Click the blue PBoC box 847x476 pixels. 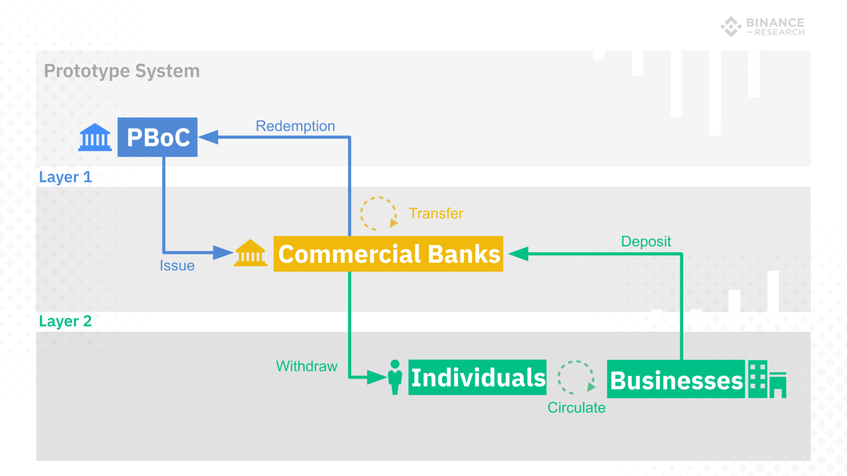(157, 137)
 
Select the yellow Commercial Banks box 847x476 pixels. (388, 254)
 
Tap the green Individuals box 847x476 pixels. (477, 377)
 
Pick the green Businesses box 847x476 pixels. (675, 379)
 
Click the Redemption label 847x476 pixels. (295, 126)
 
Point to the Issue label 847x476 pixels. (177, 266)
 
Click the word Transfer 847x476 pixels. (436, 213)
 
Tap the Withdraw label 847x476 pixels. (306, 366)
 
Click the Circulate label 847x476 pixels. (576, 407)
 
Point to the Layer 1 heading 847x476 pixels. (65, 177)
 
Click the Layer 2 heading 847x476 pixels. (65, 321)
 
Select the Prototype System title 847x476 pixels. (122, 71)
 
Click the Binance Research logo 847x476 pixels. (762, 27)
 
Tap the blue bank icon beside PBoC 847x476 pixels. (95, 137)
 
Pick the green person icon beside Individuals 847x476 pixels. (395, 377)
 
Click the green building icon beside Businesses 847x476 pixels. (767, 379)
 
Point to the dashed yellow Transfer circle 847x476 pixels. (378, 213)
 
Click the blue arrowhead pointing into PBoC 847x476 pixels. (208, 137)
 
